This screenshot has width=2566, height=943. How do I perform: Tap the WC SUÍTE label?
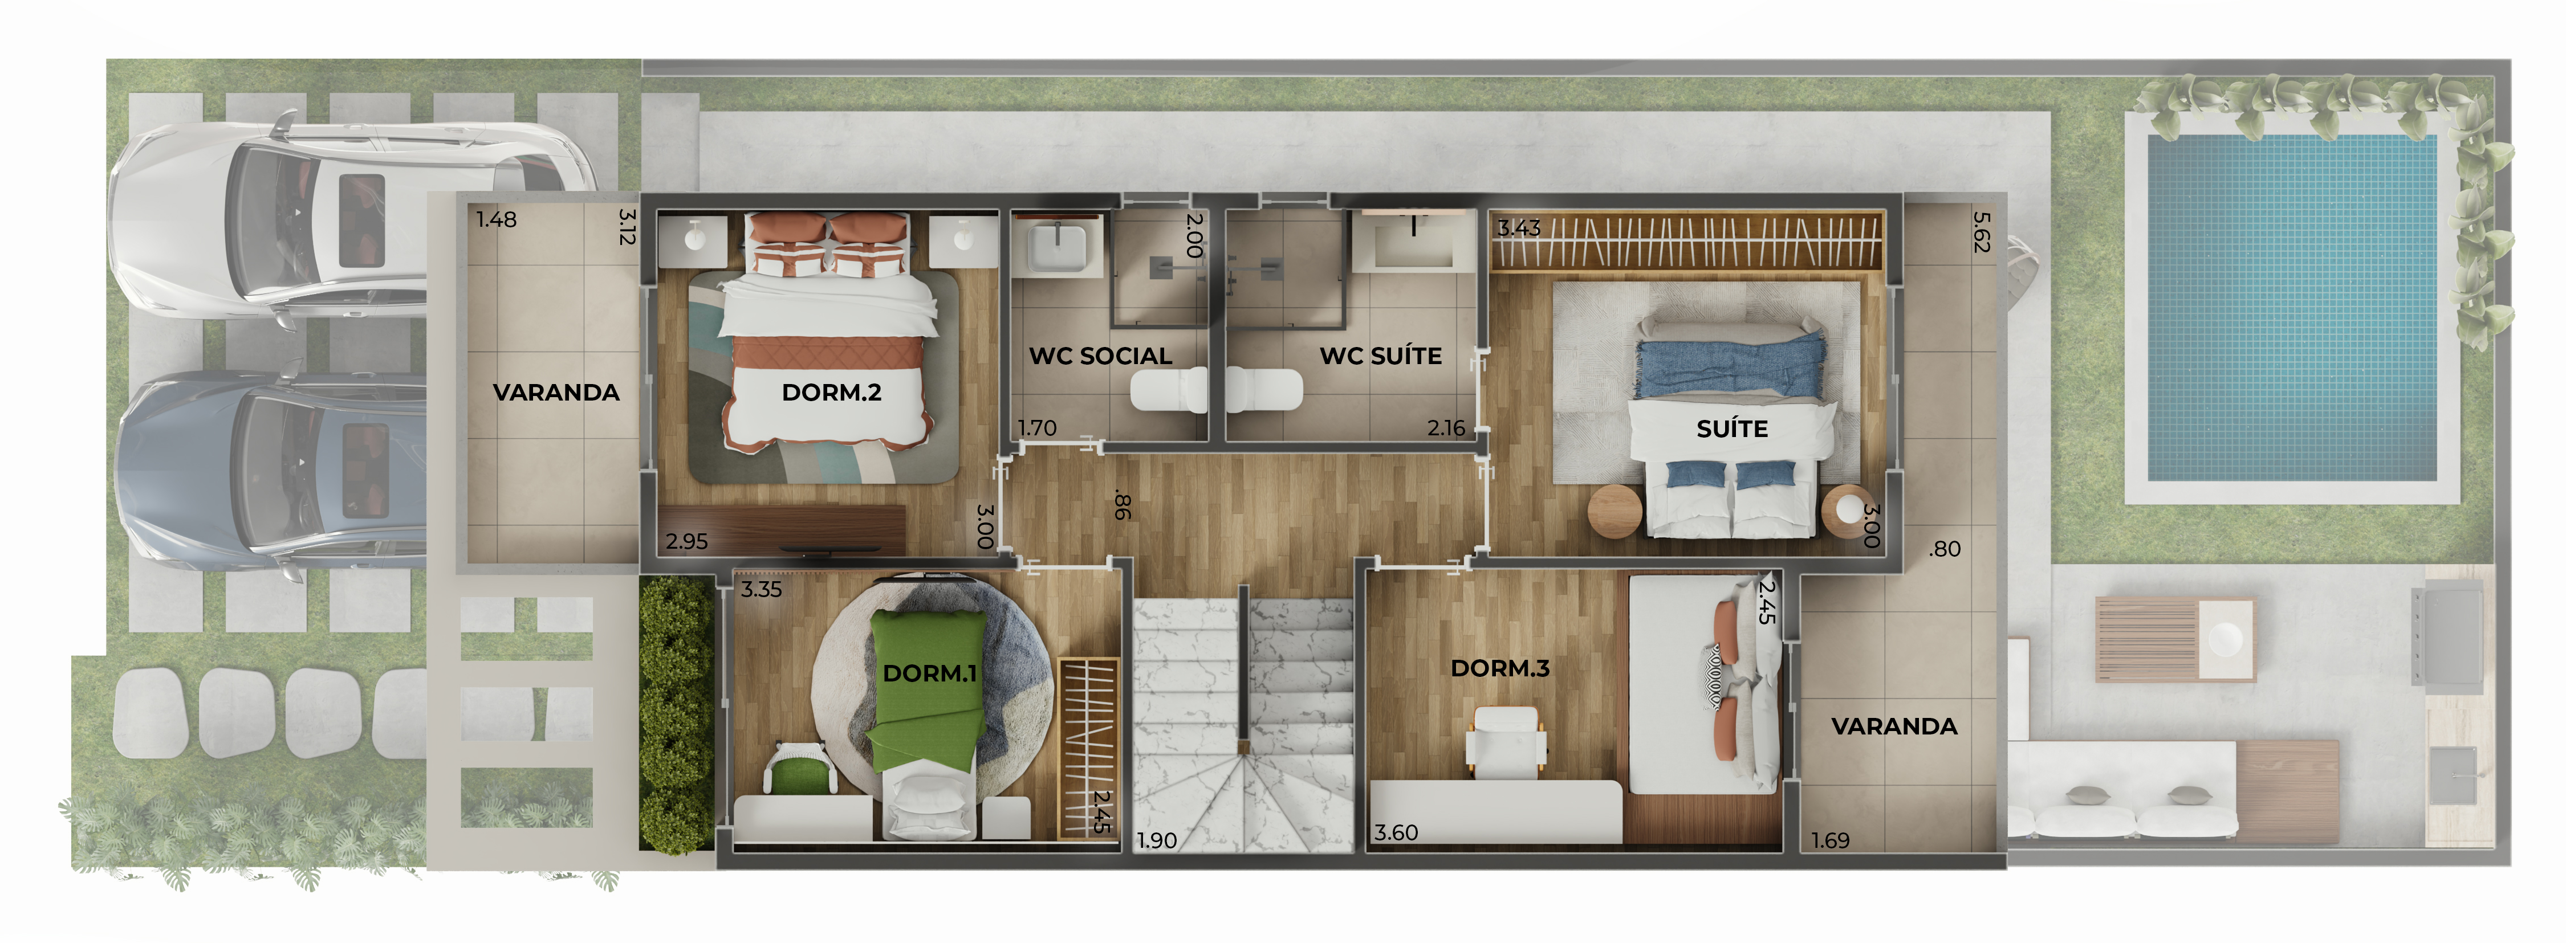(x=1381, y=356)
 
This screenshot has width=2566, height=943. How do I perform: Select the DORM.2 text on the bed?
(x=832, y=393)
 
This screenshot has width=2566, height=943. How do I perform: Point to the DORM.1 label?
(x=929, y=673)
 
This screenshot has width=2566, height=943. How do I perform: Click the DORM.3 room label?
(x=1500, y=668)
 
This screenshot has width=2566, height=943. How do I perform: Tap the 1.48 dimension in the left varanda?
(x=496, y=219)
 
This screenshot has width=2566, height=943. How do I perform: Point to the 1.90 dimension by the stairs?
(x=1157, y=840)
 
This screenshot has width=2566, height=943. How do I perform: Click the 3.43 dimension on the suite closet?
(x=1519, y=228)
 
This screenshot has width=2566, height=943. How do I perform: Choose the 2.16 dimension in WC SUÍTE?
(x=1446, y=428)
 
